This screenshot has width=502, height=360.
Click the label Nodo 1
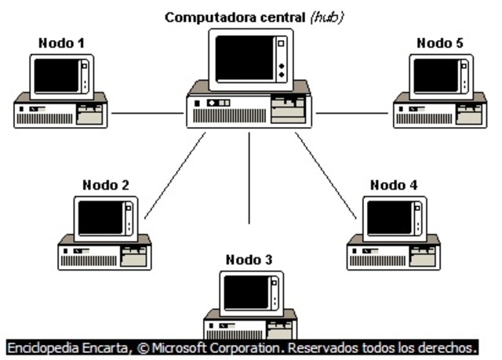(61, 43)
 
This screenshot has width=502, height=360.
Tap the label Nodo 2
(105, 186)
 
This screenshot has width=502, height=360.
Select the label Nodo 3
(249, 260)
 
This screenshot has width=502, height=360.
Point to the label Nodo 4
(394, 186)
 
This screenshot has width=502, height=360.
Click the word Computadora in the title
(202, 16)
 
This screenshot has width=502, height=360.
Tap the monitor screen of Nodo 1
(57, 75)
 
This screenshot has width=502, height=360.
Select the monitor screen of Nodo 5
(435, 75)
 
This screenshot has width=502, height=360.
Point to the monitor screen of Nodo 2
(100, 217)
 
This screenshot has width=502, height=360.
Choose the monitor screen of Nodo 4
(390, 217)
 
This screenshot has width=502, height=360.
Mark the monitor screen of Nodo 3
(246, 292)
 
